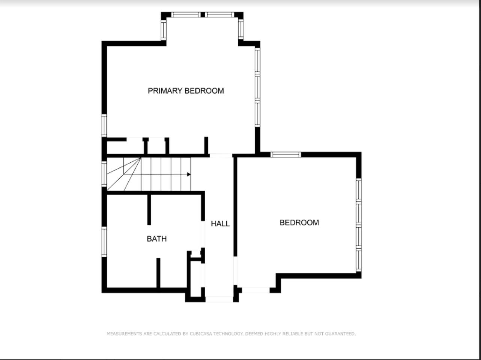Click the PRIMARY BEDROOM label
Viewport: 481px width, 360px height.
186,91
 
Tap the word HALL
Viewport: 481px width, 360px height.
220,223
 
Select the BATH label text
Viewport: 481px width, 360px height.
157,238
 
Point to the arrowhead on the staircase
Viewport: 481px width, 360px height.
189,174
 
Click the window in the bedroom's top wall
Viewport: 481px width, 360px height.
286,154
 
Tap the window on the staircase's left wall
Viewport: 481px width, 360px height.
104,174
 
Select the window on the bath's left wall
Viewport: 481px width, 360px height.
104,242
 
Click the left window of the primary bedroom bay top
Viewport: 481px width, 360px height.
186,15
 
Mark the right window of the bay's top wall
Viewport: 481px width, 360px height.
219,15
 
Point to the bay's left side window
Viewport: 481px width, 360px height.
164,30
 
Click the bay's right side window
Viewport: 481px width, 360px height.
241,30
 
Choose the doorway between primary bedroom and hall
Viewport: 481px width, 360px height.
221,156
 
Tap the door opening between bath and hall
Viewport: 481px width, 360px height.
203,234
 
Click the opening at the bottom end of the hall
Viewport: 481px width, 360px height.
219,299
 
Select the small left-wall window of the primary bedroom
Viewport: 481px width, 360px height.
104,126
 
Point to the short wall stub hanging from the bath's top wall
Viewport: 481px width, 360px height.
149,210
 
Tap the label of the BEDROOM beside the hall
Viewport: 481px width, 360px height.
299,222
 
